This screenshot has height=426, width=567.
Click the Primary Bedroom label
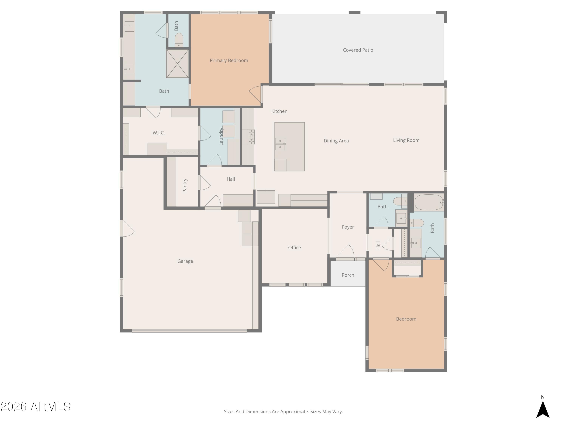point(229,60)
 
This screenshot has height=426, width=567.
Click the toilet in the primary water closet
point(179,40)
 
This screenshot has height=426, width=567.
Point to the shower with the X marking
point(177,64)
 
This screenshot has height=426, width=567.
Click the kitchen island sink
point(280,144)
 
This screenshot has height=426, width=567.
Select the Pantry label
point(185,185)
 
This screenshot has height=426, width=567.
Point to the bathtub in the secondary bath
point(429,202)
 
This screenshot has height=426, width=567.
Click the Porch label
point(348,275)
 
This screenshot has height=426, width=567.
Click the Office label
point(294,247)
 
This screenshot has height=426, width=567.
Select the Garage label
point(185,261)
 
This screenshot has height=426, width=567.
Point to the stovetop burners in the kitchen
point(251,137)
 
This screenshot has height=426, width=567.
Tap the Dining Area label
point(336,141)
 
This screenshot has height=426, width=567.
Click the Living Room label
point(406,140)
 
